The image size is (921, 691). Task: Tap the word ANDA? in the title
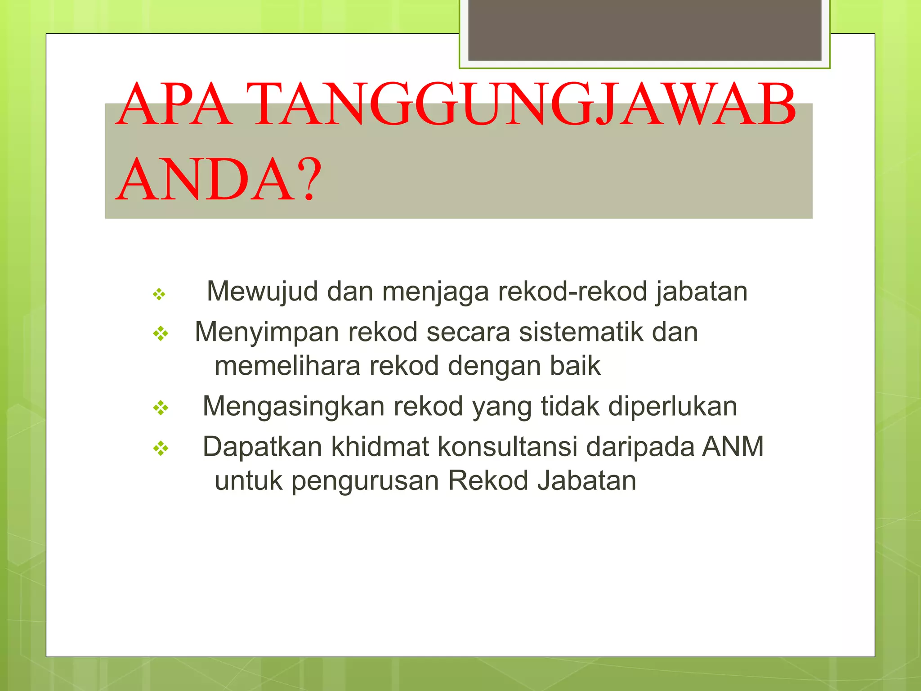click(x=219, y=180)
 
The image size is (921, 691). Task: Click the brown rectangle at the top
click(x=644, y=30)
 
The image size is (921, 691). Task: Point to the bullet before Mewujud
click(x=159, y=295)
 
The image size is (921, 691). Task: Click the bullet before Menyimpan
click(x=161, y=334)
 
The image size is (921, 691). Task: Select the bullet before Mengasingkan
click(x=161, y=408)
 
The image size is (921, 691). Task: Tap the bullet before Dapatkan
click(x=161, y=448)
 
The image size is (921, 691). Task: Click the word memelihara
click(x=287, y=366)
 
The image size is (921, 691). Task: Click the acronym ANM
click(x=733, y=447)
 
